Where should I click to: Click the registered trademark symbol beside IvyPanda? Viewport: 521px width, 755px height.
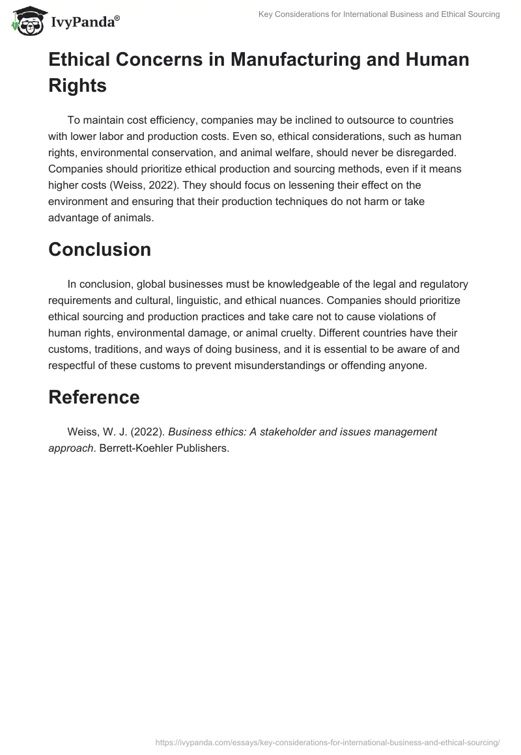tap(117, 18)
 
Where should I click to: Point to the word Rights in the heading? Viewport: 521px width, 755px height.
tap(77, 85)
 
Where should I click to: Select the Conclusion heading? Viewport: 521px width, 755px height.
tap(100, 249)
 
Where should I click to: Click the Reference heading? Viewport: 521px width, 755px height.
tap(94, 397)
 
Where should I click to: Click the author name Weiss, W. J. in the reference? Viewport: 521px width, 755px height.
tap(96, 432)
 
